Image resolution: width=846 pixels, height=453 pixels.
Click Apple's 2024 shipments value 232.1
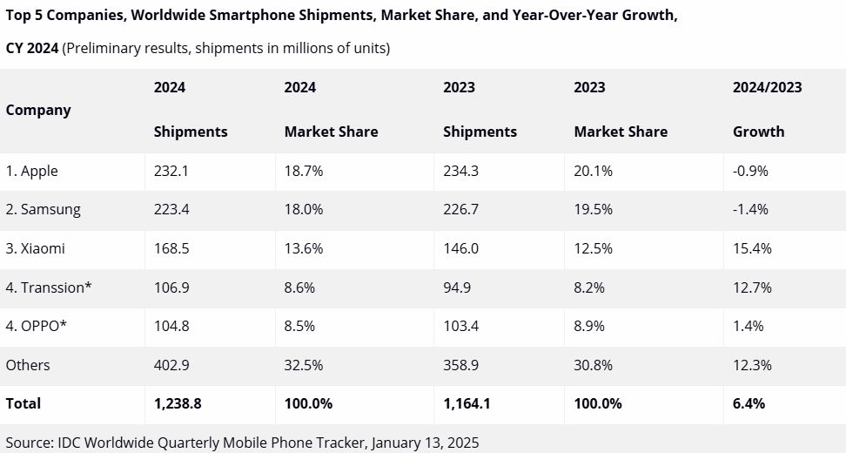[171, 172]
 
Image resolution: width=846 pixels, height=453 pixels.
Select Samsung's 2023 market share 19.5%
[593, 210]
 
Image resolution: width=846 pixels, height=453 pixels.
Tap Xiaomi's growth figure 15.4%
[752, 248]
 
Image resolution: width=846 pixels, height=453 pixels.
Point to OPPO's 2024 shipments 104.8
[171, 326]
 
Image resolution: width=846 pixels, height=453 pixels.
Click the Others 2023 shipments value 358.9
[460, 365]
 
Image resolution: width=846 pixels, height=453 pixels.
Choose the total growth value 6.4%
[749, 403]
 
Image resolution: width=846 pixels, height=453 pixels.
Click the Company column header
[37, 110]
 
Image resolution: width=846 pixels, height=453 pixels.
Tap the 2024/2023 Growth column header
[767, 110]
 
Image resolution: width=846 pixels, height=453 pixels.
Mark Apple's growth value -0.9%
[750, 172]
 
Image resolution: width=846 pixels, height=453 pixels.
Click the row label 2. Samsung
[43, 210]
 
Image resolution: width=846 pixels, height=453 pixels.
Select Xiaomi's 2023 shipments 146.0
[460, 248]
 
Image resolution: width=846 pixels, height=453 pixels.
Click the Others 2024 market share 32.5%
[304, 365]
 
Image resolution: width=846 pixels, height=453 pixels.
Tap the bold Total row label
[23, 403]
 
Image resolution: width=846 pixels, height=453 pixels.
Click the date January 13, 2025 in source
[425, 443]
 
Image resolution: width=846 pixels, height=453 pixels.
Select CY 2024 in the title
[31, 49]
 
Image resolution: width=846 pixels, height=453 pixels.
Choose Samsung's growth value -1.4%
[750, 210]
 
